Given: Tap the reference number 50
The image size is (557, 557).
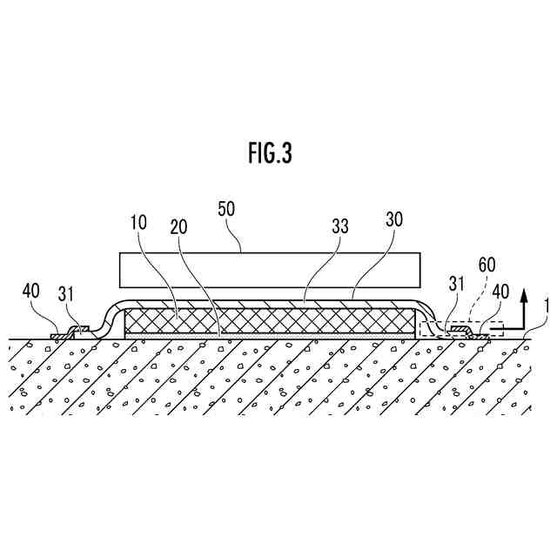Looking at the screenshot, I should coord(225,211).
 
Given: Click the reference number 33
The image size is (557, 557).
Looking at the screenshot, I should coord(339,226).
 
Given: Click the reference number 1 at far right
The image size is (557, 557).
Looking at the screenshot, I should coord(545,305).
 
